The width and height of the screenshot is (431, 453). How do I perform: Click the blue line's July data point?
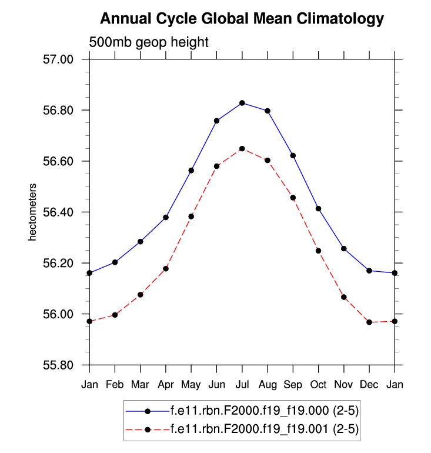tap(242, 103)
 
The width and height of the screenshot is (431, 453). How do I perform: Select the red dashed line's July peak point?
tap(242, 149)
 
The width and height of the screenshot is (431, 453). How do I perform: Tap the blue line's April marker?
tap(166, 218)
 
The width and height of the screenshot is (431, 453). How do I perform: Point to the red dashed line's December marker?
tap(369, 322)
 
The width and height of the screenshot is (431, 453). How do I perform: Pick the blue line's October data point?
tap(318, 209)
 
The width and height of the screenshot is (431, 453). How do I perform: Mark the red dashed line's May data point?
tap(191, 216)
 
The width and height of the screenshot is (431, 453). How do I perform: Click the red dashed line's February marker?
tap(115, 315)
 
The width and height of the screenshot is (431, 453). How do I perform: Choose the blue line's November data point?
tap(343, 249)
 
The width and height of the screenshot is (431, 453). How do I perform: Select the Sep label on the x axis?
tap(293, 385)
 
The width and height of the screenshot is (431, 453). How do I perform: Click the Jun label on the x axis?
tap(216, 385)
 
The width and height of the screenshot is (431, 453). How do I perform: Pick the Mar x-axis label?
tap(140, 385)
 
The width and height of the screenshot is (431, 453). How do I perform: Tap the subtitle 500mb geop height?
tap(149, 42)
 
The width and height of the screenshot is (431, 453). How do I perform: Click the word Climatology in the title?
tap(333, 19)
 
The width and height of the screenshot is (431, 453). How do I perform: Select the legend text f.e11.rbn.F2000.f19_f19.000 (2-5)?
tap(263, 411)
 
